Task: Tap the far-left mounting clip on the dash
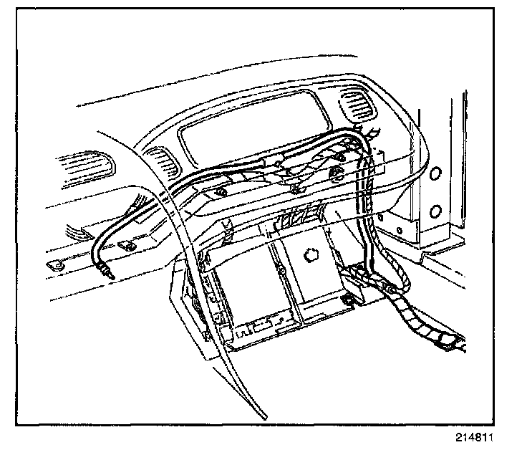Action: [54, 264]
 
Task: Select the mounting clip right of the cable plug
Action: [129, 246]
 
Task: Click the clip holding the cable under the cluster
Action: [295, 188]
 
